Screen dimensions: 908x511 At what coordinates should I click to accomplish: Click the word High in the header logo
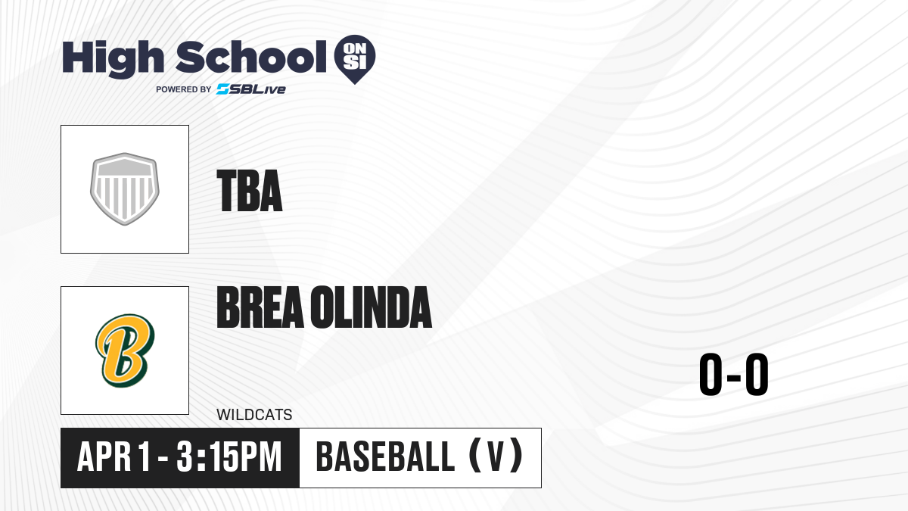[x=113, y=59]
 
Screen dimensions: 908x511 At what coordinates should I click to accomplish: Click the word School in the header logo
[x=251, y=57]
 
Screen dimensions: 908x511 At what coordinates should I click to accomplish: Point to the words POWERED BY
[x=184, y=89]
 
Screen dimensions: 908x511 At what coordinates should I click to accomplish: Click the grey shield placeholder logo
[x=125, y=189]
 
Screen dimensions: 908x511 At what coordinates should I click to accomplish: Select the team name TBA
[x=249, y=191]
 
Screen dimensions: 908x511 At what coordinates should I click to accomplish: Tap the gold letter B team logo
[x=125, y=351]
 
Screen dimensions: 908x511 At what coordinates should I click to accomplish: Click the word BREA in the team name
[x=260, y=307]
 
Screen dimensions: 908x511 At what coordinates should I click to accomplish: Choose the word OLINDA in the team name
[x=372, y=307]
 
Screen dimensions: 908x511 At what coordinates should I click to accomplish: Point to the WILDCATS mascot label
[x=254, y=415]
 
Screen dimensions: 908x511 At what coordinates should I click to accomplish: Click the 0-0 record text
[x=734, y=374]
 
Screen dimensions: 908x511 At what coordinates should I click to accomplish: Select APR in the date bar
[x=104, y=457]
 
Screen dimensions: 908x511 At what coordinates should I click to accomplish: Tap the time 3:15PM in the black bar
[x=229, y=457]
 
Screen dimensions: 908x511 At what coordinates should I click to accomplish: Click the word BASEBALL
[x=385, y=457]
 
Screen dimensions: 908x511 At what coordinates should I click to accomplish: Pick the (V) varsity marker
[x=496, y=456]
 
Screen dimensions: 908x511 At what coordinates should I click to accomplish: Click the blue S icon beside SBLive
[x=222, y=89]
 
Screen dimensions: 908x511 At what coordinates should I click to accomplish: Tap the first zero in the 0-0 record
[x=711, y=374]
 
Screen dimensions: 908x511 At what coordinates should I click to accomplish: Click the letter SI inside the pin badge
[x=355, y=63]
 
